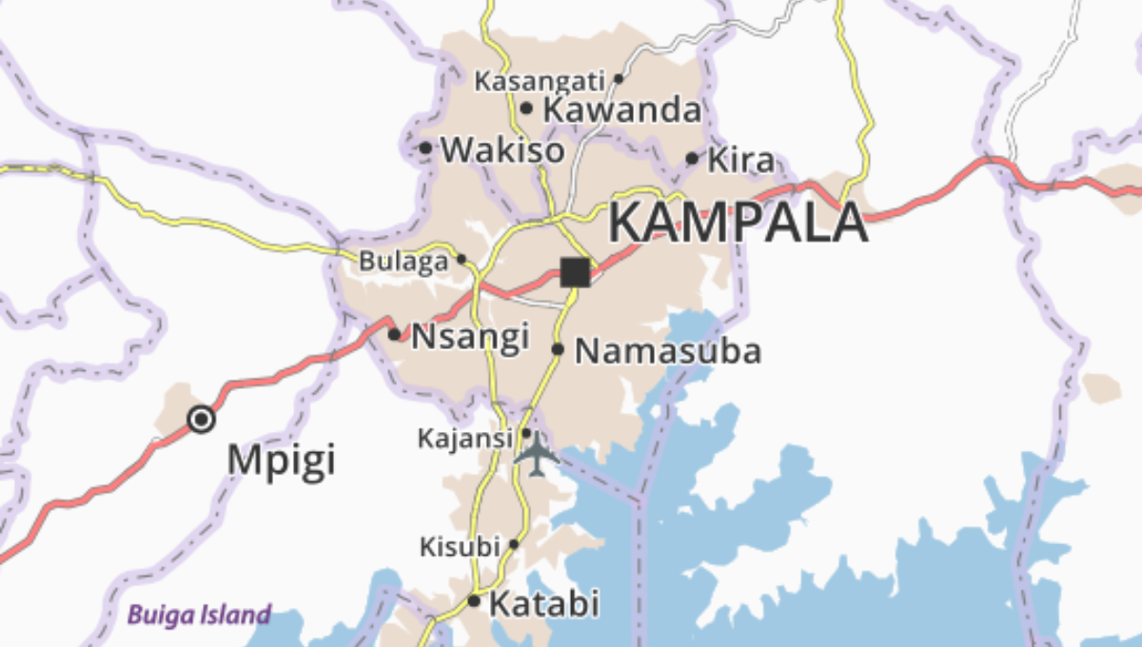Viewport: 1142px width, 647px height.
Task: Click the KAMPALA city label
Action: [738, 223]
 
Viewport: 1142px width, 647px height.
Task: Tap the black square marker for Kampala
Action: [575, 272]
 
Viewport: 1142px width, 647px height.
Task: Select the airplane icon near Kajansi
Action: [537, 453]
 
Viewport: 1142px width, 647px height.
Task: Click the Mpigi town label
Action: [282, 461]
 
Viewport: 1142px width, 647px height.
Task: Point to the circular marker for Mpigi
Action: [201, 419]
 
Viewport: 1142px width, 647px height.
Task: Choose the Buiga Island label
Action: [199, 615]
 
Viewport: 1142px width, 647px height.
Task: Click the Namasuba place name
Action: [668, 351]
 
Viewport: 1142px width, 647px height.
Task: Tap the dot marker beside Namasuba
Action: [558, 349]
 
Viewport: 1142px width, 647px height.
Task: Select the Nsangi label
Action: [470, 336]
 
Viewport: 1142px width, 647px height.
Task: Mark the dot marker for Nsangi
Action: [394, 334]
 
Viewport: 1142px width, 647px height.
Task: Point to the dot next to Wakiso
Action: [425, 147]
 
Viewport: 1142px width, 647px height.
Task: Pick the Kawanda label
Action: [621, 110]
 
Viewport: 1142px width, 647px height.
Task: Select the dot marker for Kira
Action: [692, 158]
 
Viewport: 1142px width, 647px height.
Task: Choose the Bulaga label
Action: [404, 261]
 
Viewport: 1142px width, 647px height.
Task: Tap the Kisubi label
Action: [460, 547]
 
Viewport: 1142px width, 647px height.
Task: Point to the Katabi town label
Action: [544, 603]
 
